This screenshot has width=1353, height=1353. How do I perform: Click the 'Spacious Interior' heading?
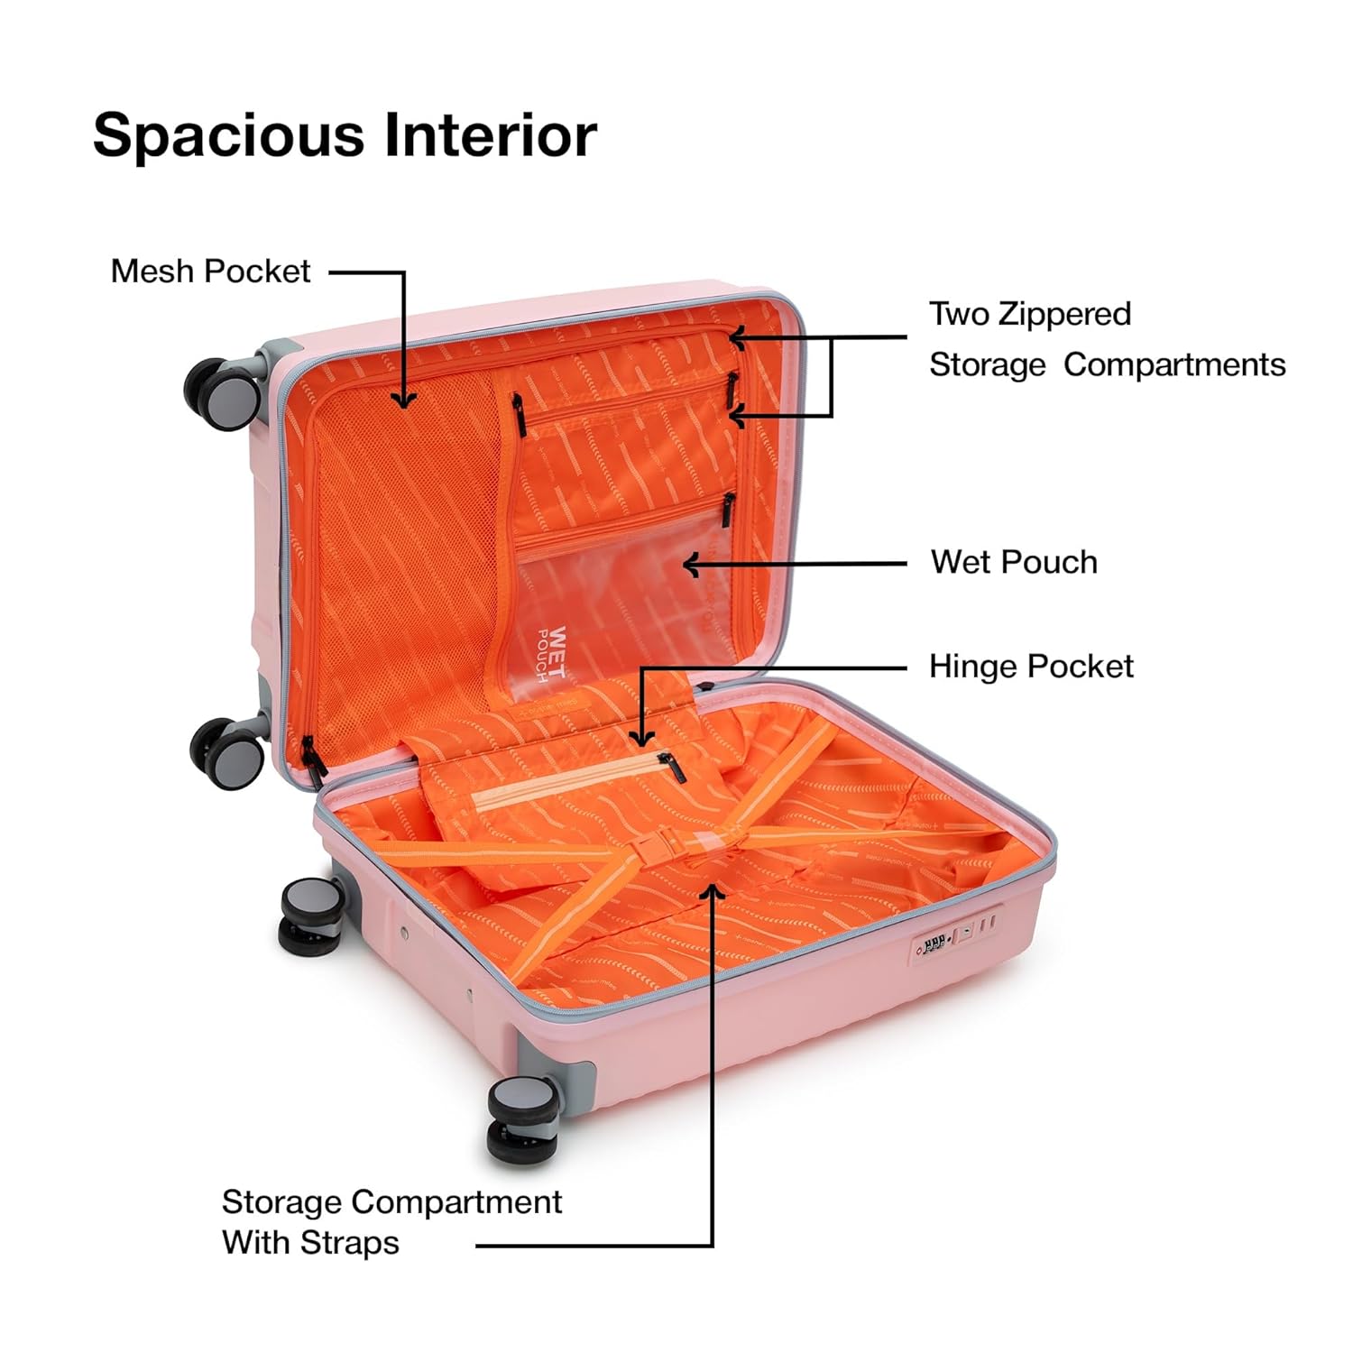(345, 135)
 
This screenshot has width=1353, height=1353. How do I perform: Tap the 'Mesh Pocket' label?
(210, 271)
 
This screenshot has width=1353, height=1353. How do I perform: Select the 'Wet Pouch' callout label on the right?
(1014, 562)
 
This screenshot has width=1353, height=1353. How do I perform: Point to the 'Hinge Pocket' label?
(1031, 667)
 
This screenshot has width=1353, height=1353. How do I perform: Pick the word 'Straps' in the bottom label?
(350, 1243)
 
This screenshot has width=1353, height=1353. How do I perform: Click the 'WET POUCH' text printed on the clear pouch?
(552, 654)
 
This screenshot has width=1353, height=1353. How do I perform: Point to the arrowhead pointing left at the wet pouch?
(692, 565)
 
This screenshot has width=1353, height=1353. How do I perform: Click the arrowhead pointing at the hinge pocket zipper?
(641, 737)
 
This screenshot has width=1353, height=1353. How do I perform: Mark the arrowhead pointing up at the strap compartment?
(713, 892)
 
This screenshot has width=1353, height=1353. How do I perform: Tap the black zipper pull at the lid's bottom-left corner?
(312, 759)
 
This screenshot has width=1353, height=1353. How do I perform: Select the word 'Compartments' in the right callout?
(1174, 364)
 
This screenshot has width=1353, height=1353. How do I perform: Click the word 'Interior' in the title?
(491, 135)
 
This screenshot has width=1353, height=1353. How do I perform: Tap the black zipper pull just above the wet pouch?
(728, 509)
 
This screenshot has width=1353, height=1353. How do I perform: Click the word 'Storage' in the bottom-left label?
(281, 1201)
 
